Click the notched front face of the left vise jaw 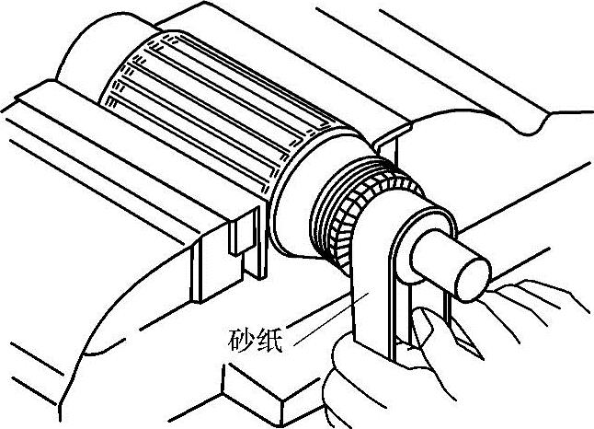(x=230, y=249)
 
